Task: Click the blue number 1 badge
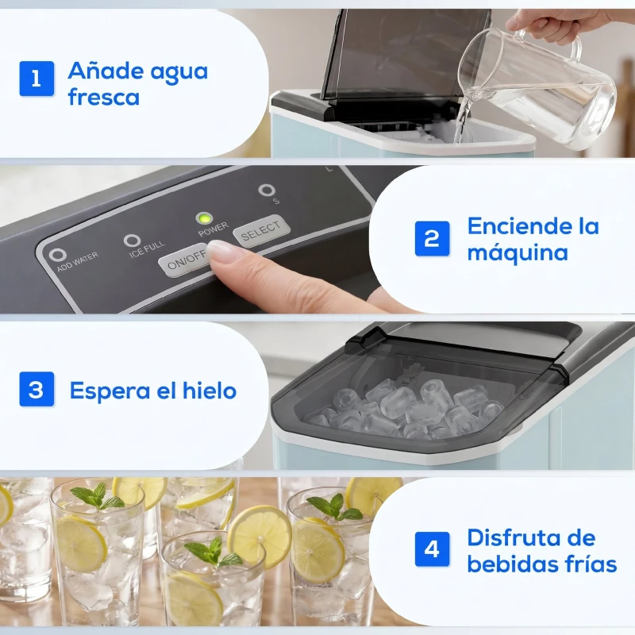pyautogui.click(x=37, y=79)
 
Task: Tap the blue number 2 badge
pyautogui.click(x=432, y=238)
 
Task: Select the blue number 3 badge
pyautogui.click(x=37, y=390)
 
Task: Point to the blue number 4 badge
pyautogui.click(x=432, y=549)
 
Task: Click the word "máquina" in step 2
pyautogui.click(x=517, y=253)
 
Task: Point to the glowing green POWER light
pyautogui.click(x=205, y=218)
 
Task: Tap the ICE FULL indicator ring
pyautogui.click(x=132, y=241)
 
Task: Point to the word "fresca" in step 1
pyautogui.click(x=104, y=98)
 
